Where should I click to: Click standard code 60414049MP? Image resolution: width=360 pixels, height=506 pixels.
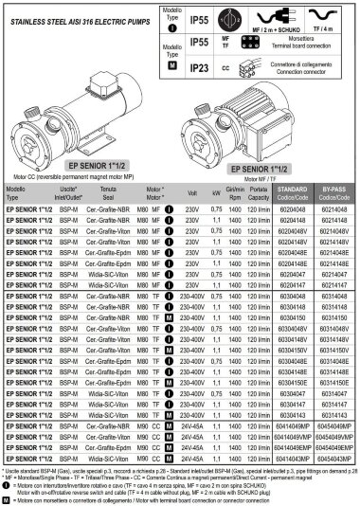click(x=295, y=429)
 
